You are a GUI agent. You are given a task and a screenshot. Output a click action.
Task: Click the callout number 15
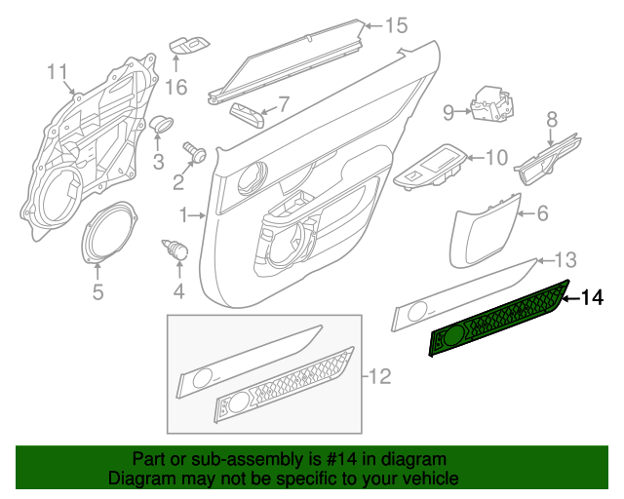(x=397, y=26)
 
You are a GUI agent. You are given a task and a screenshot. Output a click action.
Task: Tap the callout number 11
(x=58, y=72)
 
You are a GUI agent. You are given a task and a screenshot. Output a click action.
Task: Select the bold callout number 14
(x=592, y=297)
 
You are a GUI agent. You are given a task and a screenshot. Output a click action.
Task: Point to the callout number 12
(x=379, y=376)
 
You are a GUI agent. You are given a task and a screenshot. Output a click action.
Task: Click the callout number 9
(x=448, y=113)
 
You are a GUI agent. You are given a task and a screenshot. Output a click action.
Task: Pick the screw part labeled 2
(x=195, y=152)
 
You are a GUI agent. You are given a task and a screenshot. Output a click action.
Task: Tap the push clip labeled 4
(x=175, y=249)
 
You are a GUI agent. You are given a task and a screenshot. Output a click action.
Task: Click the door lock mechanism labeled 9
(x=491, y=104)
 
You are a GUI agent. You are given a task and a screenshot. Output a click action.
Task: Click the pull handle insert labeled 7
(x=247, y=115)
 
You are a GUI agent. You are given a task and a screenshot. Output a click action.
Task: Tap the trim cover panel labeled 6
(x=483, y=232)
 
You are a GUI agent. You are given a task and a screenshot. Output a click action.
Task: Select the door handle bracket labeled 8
(x=548, y=160)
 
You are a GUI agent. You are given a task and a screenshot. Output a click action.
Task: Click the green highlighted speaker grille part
(x=499, y=319)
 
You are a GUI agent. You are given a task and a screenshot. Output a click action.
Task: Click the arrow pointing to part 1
(x=197, y=215)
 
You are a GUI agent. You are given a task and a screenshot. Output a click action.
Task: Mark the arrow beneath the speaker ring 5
(x=97, y=272)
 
